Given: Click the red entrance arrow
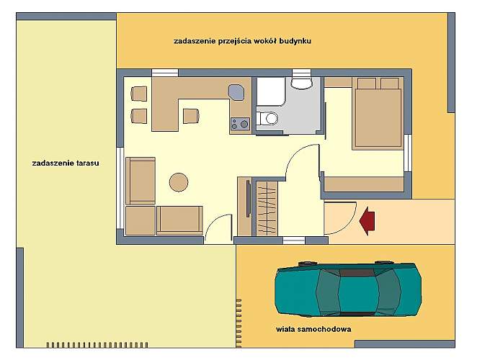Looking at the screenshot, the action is tap(367, 221).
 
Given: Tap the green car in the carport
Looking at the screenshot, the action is tap(349, 289).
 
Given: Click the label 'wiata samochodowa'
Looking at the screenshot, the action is tap(313, 329).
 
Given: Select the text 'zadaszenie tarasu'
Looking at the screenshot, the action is tap(66, 163).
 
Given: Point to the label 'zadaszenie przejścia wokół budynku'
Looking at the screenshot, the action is tap(243, 41).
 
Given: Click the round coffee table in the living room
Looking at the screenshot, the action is tap(179, 182).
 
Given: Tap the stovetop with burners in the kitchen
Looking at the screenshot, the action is tap(240, 124).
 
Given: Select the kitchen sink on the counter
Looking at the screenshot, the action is tap(236, 92).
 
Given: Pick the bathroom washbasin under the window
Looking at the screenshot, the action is tap(302, 83).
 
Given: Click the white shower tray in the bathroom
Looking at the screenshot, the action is tap(271, 91).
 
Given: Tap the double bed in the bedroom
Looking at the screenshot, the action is tap(378, 114).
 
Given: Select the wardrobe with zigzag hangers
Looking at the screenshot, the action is tap(267, 208).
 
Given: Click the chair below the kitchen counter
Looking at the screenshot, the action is tap(190, 116).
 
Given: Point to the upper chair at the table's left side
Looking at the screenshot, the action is tap(139, 94).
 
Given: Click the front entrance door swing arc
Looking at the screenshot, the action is tap(349, 225).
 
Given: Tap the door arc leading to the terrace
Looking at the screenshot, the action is tap(213, 220).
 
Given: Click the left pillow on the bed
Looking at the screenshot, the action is tap(367, 84).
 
